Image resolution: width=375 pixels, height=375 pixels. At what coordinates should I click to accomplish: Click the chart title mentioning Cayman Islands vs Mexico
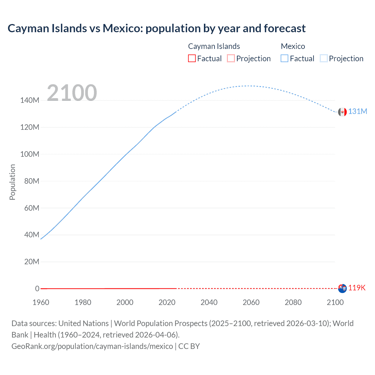pyautogui.click(x=156, y=28)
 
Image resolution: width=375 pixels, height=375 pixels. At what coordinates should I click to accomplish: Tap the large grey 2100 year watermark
pyautogui.click(x=72, y=93)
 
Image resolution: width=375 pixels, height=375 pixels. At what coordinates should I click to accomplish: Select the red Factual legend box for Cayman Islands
pyautogui.click(x=192, y=58)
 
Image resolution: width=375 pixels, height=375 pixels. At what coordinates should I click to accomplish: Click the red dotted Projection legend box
pyautogui.click(x=231, y=58)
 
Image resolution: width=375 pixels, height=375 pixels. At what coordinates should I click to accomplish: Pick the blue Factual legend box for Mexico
pyautogui.click(x=284, y=58)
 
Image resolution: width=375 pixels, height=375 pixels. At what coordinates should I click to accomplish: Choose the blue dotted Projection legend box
pyautogui.click(x=324, y=58)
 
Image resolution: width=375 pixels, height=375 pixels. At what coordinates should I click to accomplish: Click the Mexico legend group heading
pyautogui.click(x=293, y=46)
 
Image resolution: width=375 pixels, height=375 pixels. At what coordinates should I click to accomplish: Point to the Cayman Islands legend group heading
pyautogui.click(x=214, y=46)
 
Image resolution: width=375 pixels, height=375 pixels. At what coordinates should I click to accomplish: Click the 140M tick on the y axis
pyautogui.click(x=30, y=100)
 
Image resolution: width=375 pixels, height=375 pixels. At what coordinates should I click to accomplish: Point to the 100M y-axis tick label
pyautogui.click(x=30, y=154)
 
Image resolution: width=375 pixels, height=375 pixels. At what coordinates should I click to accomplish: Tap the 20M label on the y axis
pyautogui.click(x=31, y=262)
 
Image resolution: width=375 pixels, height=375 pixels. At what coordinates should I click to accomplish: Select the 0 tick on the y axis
pyautogui.click(x=37, y=289)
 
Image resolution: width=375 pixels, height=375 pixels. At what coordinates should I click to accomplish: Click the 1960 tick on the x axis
pyautogui.click(x=41, y=302)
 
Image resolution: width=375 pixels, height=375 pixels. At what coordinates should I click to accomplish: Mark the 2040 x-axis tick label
pyautogui.click(x=209, y=302)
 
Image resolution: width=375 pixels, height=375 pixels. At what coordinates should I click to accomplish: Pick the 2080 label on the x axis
pyautogui.click(x=293, y=302)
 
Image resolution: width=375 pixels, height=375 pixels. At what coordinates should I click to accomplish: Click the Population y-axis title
pyautogui.click(x=12, y=182)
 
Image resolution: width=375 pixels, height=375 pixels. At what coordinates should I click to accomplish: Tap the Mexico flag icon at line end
pyautogui.click(x=342, y=112)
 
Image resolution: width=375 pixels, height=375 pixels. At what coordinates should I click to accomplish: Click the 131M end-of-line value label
pyautogui.click(x=357, y=112)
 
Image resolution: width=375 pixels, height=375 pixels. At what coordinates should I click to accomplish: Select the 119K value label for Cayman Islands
pyautogui.click(x=357, y=288)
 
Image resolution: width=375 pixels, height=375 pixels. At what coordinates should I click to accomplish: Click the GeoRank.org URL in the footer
pyautogui.click(x=92, y=346)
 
